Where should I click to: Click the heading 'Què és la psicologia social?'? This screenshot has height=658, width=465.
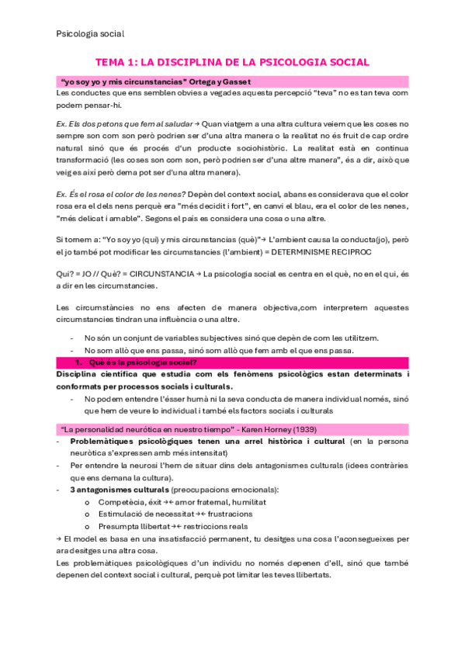(x=142, y=362)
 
